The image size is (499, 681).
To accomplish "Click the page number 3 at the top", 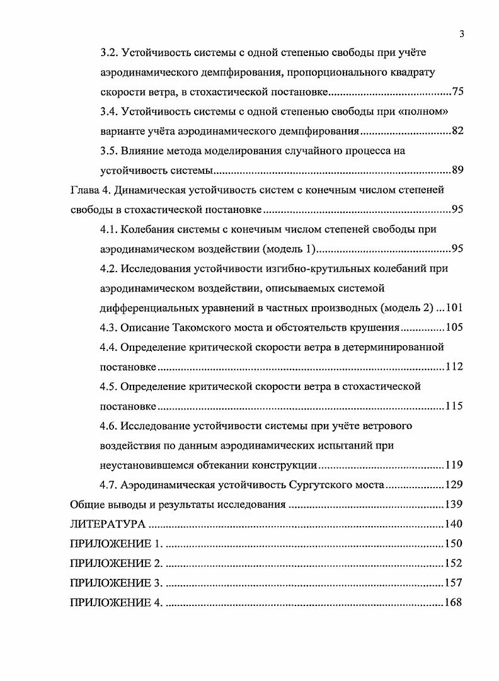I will coord(462,34).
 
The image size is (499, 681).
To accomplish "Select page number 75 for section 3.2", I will coord(457,92).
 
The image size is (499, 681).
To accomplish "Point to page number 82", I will coord(457,131).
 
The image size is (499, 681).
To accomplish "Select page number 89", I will coord(457,170).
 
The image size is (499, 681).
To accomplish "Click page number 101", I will coord(454,307).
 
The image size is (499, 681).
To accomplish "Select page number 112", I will coord(454,367).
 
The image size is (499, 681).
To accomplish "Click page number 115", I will coord(454,406).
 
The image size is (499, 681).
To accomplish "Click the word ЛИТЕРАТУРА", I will coord(108,524).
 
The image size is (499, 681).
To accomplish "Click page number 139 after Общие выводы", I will coord(454,504).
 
